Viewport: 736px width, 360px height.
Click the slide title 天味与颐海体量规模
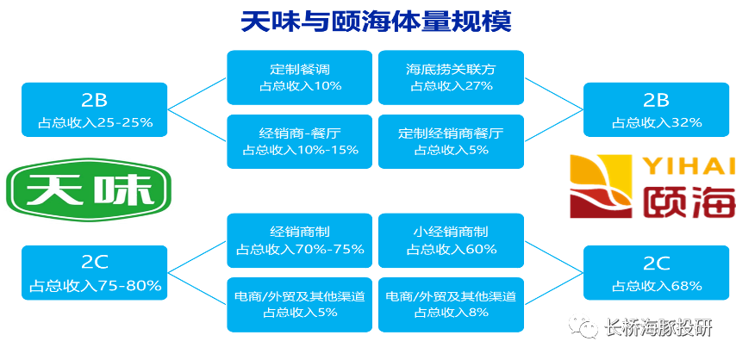(375, 21)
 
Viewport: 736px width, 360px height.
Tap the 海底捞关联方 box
(451, 77)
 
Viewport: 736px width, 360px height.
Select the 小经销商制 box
(451, 240)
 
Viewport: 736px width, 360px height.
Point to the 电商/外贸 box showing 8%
(451, 304)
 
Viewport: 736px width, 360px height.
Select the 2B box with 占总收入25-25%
(95, 109)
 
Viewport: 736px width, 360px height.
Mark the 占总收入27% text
(451, 85)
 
